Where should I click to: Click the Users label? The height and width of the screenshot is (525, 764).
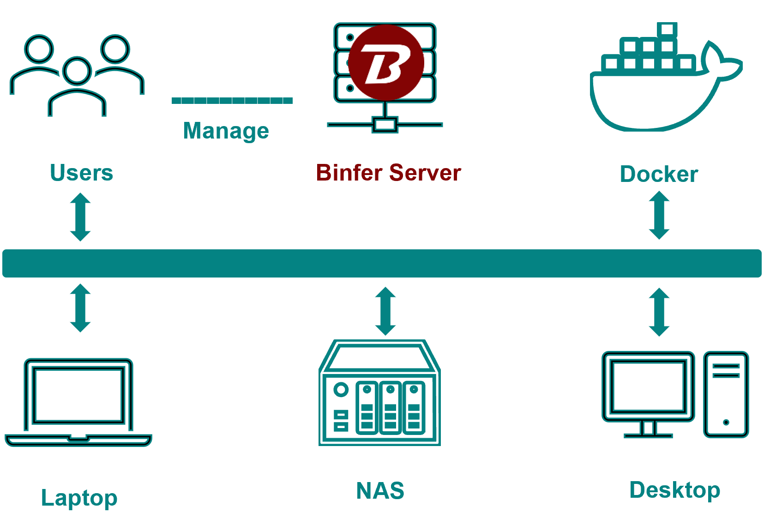[x=82, y=173]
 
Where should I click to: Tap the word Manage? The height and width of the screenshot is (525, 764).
[x=226, y=131]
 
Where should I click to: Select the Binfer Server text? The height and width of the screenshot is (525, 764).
[x=389, y=173]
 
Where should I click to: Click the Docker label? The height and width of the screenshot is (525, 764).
[x=659, y=174]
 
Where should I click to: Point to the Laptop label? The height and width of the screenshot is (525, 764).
[x=79, y=498]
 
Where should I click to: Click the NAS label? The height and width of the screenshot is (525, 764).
[x=380, y=490]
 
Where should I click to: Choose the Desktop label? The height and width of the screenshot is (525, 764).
[x=675, y=490]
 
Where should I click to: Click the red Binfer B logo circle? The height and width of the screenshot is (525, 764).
[x=386, y=62]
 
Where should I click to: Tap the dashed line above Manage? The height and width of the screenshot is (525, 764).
[x=232, y=100]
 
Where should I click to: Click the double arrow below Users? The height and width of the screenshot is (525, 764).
[x=80, y=217]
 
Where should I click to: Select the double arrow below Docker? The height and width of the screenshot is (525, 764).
[x=659, y=215]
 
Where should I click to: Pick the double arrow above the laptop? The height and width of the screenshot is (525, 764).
[x=80, y=308]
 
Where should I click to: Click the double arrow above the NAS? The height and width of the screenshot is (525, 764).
[x=385, y=311]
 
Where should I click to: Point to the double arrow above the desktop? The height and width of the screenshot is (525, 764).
[x=659, y=312]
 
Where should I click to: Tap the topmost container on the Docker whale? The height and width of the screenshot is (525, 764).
[x=667, y=30]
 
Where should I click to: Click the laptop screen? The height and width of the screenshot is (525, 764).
[x=78, y=395]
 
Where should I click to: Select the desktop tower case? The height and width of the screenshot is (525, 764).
[x=726, y=394]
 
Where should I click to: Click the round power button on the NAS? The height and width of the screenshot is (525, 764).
[x=341, y=390]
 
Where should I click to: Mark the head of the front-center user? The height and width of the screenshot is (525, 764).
[x=77, y=71]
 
